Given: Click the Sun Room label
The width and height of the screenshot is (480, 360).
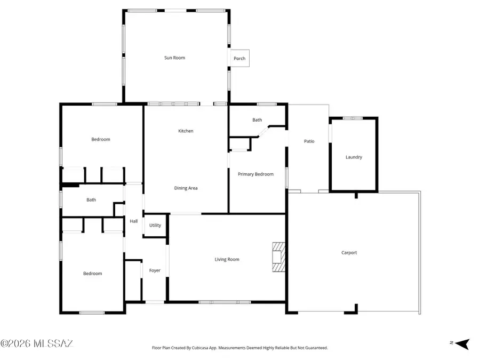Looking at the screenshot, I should click(174, 58).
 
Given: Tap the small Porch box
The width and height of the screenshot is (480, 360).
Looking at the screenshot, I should click(239, 58).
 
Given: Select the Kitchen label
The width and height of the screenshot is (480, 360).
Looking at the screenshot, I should click(186, 131).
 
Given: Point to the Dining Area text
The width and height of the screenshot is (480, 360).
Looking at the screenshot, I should click(186, 188).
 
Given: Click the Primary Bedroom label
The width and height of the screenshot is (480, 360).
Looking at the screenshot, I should click(255, 174).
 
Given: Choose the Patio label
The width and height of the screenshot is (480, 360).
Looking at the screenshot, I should click(309, 141).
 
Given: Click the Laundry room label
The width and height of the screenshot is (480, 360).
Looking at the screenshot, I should click(354, 157).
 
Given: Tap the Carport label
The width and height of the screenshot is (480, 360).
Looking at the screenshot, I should click(349, 252).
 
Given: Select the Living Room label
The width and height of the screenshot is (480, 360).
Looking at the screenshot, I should click(227, 259).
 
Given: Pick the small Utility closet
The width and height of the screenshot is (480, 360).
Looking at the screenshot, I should click(155, 225).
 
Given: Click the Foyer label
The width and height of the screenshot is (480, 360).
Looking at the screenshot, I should click(155, 270).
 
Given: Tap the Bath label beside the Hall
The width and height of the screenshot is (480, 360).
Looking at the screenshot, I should click(91, 200).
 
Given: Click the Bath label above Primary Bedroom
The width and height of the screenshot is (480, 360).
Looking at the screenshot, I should click(257, 120).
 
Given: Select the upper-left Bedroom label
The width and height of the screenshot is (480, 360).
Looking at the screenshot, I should click(100, 139).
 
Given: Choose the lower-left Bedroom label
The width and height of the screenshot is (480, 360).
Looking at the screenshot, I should click(92, 274).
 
